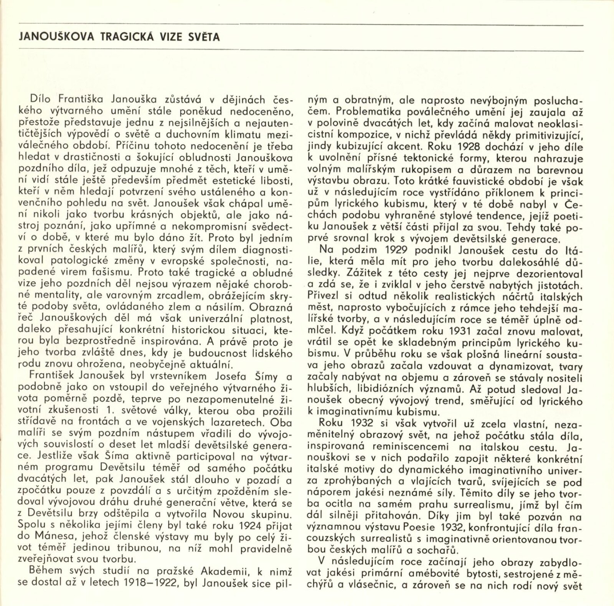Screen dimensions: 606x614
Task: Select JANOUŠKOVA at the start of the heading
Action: coord(56,37)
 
